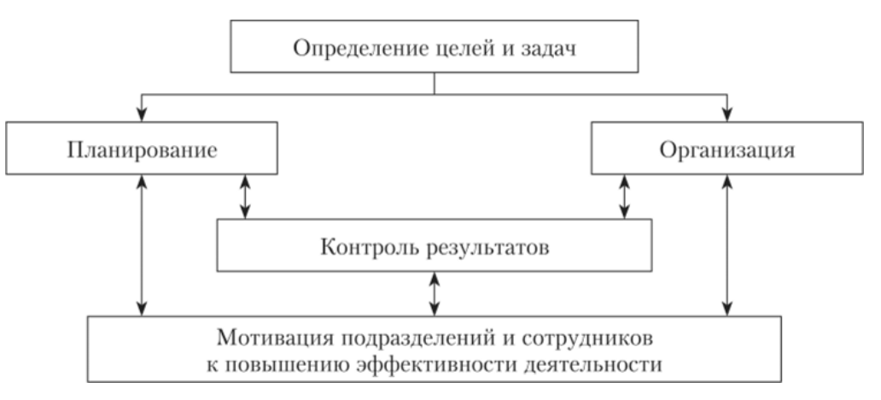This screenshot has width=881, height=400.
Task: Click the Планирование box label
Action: point(143,150)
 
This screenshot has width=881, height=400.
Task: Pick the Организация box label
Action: point(727,150)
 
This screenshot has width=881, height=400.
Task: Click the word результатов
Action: point(487,248)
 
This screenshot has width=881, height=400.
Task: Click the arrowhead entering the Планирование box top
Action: point(142,115)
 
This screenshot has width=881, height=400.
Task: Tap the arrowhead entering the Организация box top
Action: point(727,115)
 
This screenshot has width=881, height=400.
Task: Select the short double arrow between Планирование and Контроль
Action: point(245,197)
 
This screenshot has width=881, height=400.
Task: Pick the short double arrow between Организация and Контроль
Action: point(624,197)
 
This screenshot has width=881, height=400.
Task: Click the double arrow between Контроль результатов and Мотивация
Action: point(434,294)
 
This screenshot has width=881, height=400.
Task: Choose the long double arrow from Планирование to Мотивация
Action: point(142,244)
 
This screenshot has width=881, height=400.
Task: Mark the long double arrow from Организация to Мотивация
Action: point(727,244)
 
